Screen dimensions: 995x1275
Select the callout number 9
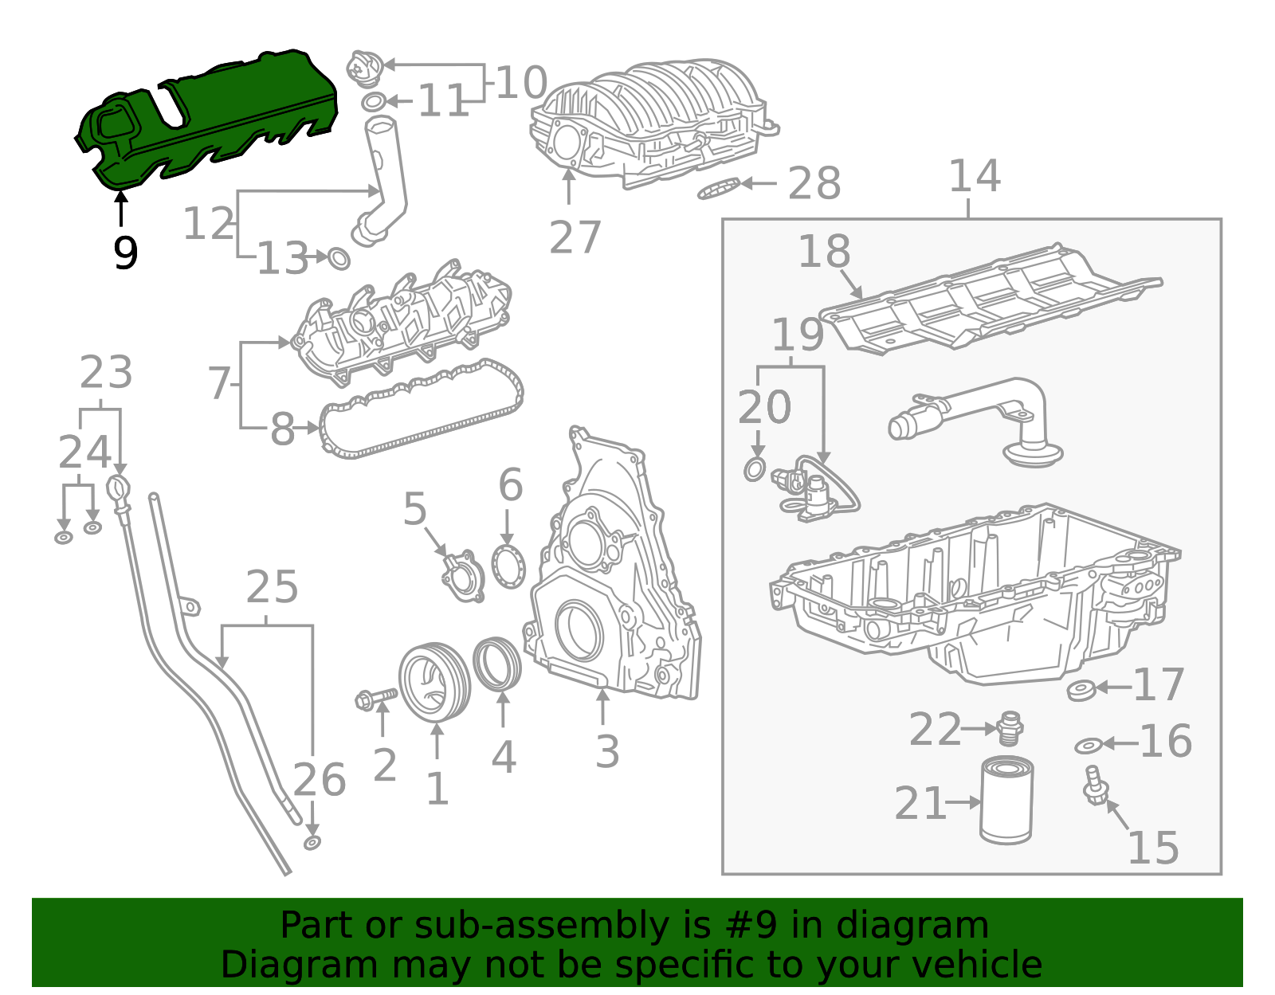click(x=125, y=253)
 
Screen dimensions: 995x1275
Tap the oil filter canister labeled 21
click(x=1006, y=801)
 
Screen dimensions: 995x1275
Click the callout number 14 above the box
click(x=974, y=177)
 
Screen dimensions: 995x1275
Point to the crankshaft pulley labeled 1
click(x=433, y=682)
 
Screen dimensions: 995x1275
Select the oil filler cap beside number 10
click(x=365, y=68)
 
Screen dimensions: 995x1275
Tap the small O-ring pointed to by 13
click(x=339, y=259)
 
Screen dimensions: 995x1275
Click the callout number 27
click(x=574, y=237)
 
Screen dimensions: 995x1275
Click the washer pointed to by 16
click(x=1088, y=746)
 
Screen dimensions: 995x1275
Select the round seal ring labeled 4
click(x=497, y=663)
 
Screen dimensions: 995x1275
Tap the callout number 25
click(x=272, y=588)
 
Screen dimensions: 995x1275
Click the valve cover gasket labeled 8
click(x=422, y=410)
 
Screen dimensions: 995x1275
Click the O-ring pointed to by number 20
click(x=755, y=469)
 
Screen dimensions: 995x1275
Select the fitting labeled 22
click(x=1010, y=727)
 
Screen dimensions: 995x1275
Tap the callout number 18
click(x=824, y=252)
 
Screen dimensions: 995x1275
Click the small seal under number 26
click(x=312, y=843)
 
